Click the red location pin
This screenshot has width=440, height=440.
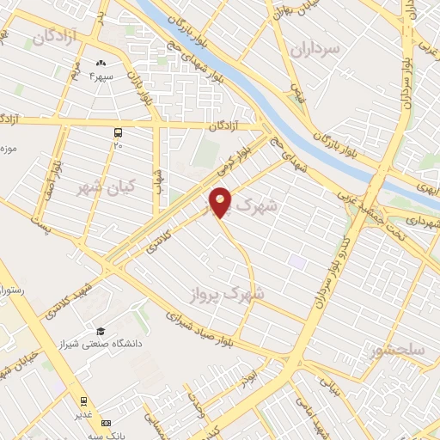coord(221,201)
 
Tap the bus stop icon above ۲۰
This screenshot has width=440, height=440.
coord(118,132)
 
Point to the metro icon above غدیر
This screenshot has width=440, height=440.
coord(84,400)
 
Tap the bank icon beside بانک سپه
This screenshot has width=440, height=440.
coord(106,423)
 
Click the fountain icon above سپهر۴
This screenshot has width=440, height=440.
coord(101,62)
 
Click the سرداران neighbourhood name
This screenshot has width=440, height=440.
coord(315,49)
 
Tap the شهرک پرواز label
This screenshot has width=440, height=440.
coord(227,294)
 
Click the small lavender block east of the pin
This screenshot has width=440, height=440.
coord(296,260)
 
